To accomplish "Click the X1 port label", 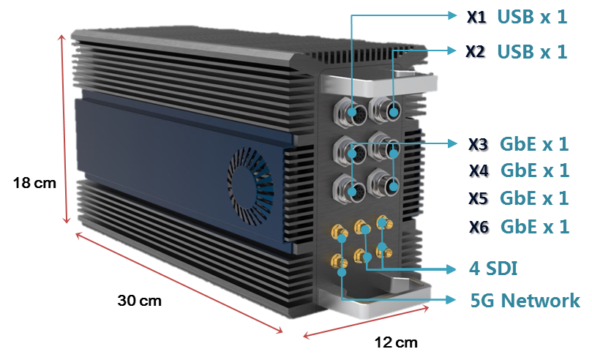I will pos(477,17).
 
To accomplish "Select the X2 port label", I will pos(477,52).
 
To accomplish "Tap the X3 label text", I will pos(479,145).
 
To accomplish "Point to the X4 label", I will pos(479,171).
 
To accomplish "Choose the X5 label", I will pos(479,199).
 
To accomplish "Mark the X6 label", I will pos(479,227).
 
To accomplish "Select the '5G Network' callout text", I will pos(524,300).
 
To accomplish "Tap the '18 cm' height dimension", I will pos(34,183).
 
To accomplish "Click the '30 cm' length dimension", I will pos(140,300).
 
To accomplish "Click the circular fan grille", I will pos(252,180).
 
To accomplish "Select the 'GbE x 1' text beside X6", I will pos(535,227).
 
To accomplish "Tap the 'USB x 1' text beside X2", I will pos(532,52).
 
